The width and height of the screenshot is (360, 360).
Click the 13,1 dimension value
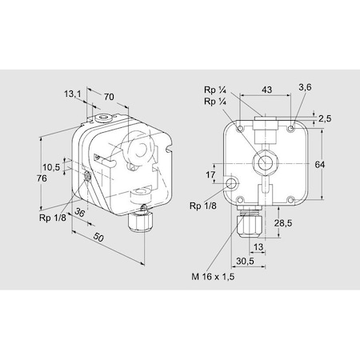coord(74,94)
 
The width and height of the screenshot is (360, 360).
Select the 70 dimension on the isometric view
coord(109,96)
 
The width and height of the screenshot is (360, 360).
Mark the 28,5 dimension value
coord(282,222)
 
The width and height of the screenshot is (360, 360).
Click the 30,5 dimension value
coord(246,261)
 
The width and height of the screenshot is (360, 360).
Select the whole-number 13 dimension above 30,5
coord(258,246)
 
